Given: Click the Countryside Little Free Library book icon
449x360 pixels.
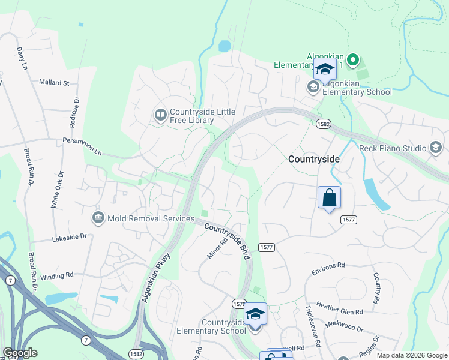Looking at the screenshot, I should click(x=160, y=114).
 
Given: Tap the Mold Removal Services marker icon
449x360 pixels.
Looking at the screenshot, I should click(x=98, y=217).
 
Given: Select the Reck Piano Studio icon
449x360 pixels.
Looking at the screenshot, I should click(x=436, y=148).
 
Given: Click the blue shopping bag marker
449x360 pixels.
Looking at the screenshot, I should click(x=329, y=197).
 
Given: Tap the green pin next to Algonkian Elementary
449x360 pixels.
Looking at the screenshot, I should click(x=353, y=60).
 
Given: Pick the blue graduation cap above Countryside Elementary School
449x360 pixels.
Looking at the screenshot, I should click(x=256, y=314).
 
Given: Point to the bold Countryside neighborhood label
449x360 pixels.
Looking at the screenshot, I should click(x=314, y=160).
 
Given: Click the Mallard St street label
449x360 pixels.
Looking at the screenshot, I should click(x=55, y=82).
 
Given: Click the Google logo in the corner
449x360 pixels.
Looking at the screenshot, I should click(x=20, y=353).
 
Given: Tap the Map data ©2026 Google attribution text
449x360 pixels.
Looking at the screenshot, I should click(x=411, y=355).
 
